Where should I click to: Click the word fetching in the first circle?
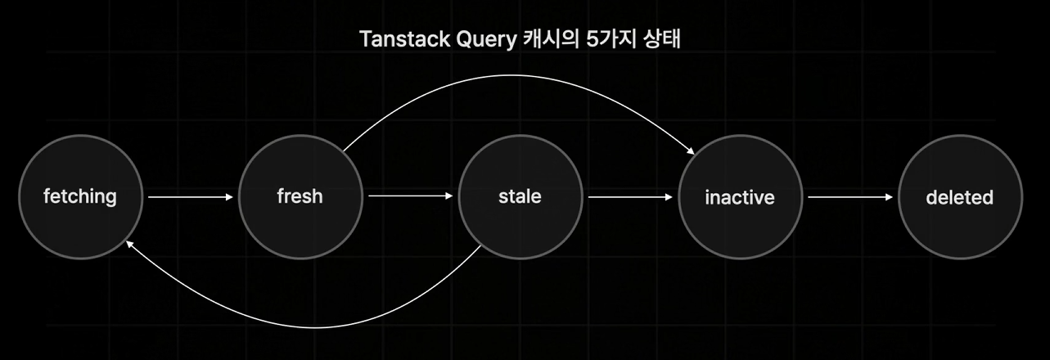coord(79,196)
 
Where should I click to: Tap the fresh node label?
coord(300,196)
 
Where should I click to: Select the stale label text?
coord(520,196)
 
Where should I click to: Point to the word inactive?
coord(739,197)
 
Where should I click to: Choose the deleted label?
coord(959,197)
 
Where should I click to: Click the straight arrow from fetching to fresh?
coord(190,196)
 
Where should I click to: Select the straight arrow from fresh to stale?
coord(409,196)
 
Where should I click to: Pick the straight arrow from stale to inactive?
coord(629,196)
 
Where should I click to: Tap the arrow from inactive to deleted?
coord(849,196)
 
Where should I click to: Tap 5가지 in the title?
coord(606,39)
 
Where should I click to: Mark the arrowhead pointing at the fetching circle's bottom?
coord(130,244)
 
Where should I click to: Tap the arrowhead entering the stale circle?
coord(448,196)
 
